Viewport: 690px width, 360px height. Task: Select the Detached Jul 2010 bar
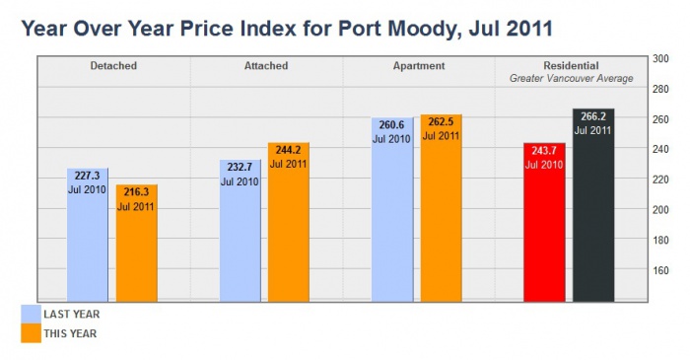[87, 237]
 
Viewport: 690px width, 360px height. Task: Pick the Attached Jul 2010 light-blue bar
[240, 233]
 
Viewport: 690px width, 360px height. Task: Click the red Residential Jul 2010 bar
[544, 223]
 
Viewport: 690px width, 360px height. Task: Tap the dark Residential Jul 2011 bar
[593, 206]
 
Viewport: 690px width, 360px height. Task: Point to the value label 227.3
[87, 176]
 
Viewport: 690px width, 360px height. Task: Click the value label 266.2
[593, 115]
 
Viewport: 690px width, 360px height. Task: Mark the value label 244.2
[289, 150]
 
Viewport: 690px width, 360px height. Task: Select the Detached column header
[113, 66]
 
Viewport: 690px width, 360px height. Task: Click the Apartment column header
[419, 66]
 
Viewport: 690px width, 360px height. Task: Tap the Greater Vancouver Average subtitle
[571, 77]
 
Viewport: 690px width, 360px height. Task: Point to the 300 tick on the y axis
[661, 59]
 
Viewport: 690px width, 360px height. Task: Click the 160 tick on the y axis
[661, 269]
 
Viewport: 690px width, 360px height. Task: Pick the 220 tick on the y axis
[661, 180]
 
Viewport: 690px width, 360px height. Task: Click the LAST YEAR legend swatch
[30, 314]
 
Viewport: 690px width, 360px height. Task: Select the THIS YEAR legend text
[71, 333]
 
